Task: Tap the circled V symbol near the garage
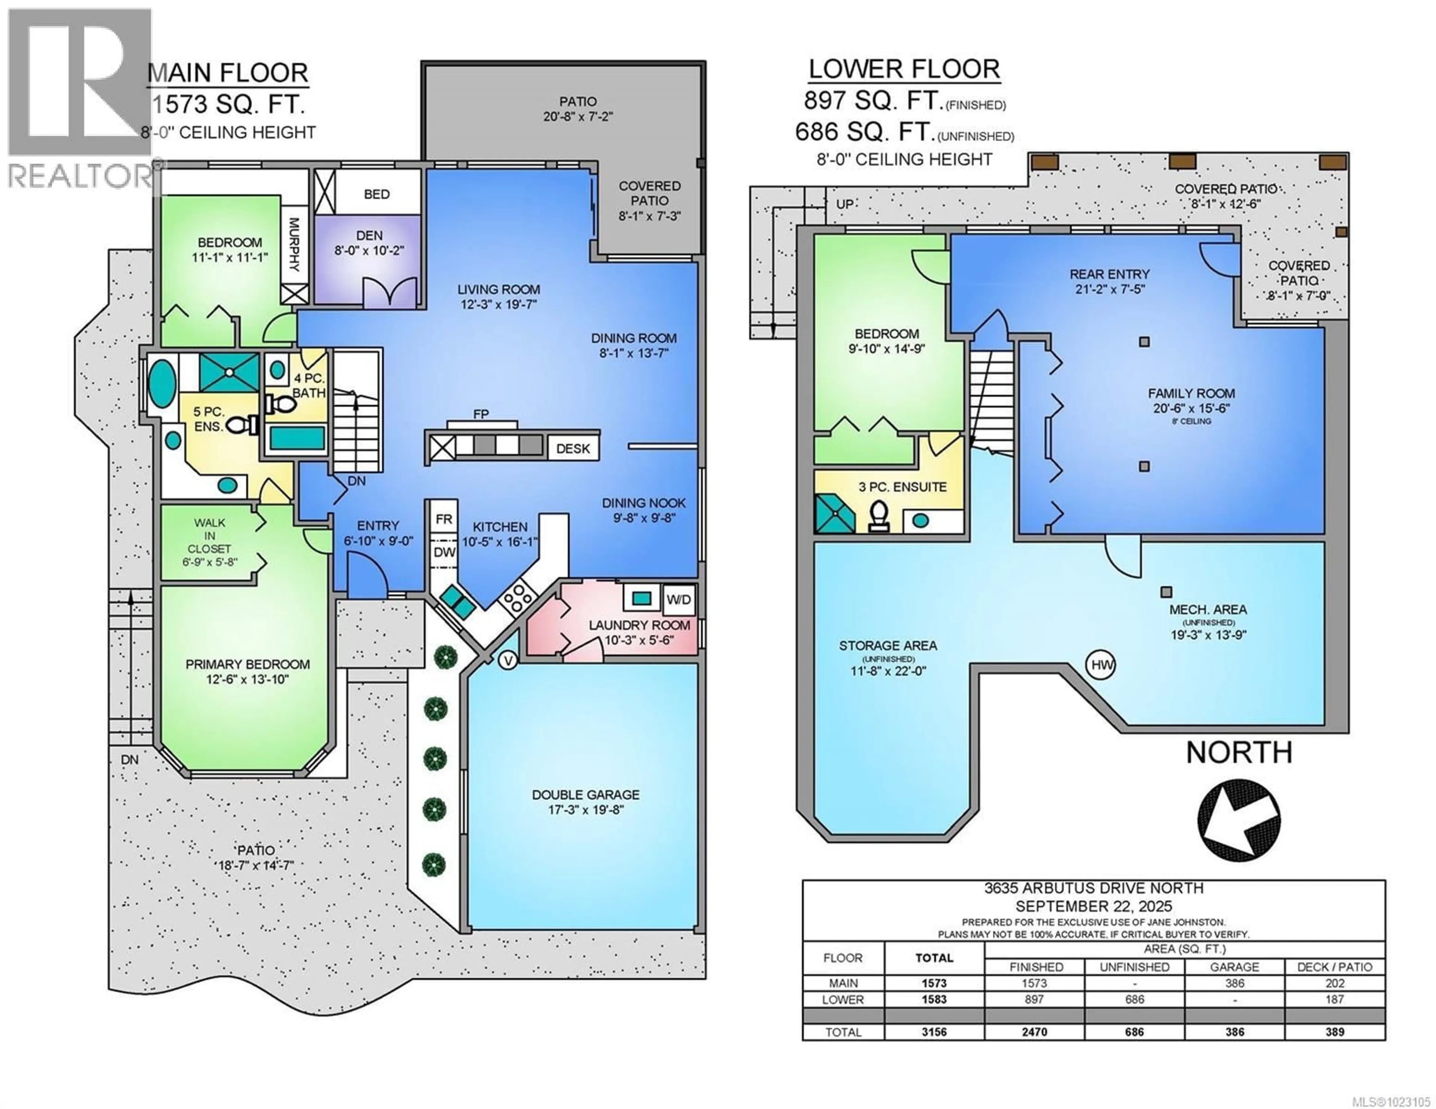point(507,661)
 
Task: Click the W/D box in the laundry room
point(679,600)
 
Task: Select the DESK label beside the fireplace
point(573,448)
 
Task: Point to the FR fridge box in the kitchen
point(444,519)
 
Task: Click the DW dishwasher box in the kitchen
point(444,552)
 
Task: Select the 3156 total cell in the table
point(934,1032)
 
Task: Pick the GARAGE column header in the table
point(1234,967)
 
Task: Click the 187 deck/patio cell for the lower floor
point(1334,999)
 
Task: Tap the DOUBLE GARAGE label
point(585,801)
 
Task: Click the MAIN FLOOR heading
point(227,73)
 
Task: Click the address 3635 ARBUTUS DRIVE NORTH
point(1093,888)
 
